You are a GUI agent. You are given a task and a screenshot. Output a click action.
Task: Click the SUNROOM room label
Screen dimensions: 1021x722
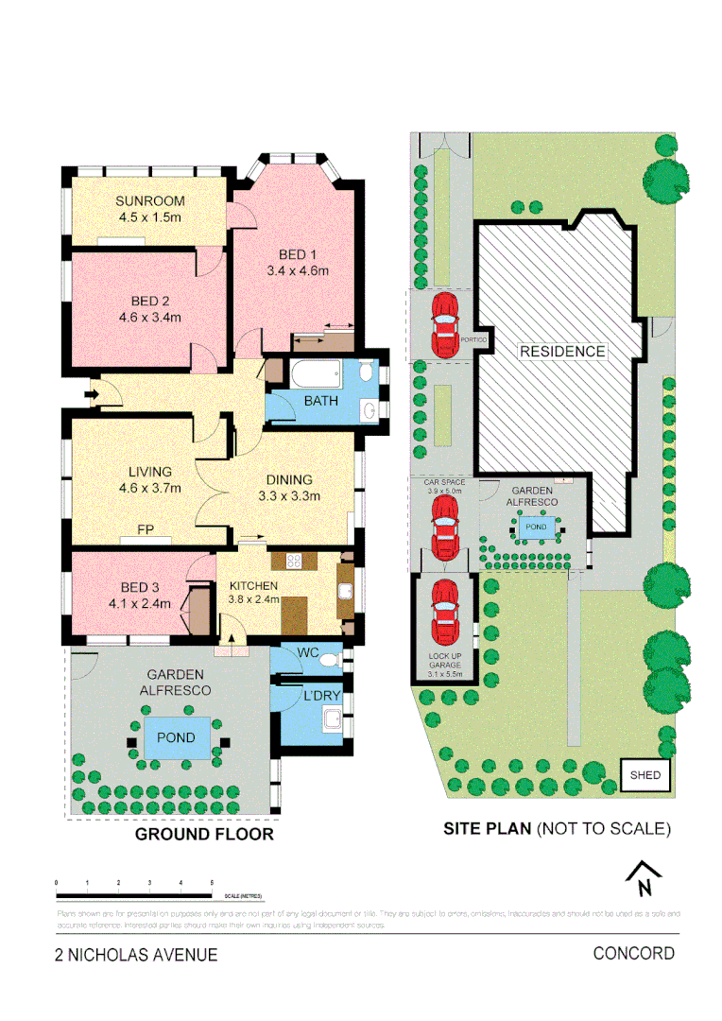(149, 200)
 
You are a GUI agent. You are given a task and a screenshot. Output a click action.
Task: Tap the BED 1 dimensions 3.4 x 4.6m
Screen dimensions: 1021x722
(297, 271)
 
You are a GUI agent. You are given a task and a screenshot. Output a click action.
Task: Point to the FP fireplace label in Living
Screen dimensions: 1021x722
(146, 529)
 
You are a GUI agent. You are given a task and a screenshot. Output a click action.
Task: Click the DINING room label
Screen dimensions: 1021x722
(290, 479)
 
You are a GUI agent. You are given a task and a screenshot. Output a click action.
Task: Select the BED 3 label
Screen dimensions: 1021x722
(129, 585)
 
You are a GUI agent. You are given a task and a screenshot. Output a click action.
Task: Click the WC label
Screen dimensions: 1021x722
(307, 652)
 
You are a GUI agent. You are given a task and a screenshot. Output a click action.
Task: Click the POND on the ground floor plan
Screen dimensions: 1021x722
(177, 737)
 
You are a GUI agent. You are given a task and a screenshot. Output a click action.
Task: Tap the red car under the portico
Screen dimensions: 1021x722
(443, 323)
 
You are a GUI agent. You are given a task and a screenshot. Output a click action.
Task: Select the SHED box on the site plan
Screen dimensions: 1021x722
(645, 775)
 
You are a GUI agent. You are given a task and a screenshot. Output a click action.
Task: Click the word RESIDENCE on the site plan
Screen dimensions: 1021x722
(562, 351)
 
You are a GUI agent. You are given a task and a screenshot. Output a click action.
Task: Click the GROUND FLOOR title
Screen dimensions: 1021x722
(204, 834)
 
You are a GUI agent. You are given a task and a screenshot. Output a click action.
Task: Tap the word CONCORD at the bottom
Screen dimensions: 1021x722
(633, 953)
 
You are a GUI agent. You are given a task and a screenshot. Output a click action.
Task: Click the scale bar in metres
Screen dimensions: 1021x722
(133, 893)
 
